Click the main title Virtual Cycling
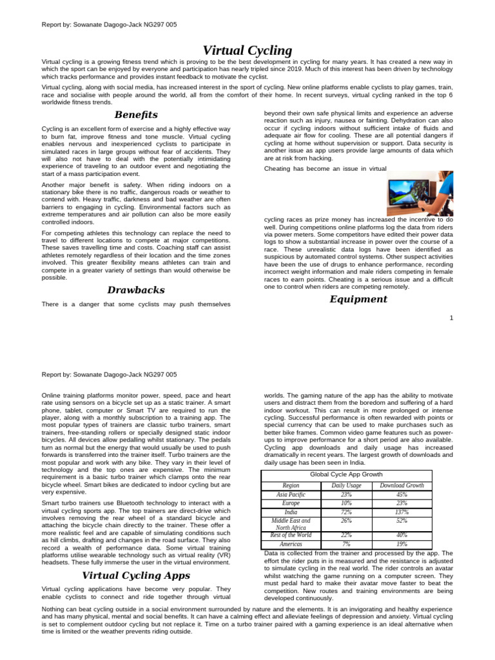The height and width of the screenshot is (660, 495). click(x=247, y=50)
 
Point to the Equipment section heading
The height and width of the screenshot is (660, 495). click(x=358, y=299)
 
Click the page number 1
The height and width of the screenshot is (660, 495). click(x=451, y=318)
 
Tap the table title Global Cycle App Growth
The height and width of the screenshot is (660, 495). click(x=346, y=474)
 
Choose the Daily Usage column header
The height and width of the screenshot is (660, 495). click(x=347, y=485)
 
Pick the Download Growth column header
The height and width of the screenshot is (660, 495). click(x=402, y=485)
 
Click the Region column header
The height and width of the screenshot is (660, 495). click(x=291, y=485)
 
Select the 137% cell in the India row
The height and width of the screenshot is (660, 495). click(x=402, y=512)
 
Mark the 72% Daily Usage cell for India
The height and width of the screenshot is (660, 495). click(x=346, y=512)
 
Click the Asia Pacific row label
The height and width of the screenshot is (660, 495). click(x=291, y=494)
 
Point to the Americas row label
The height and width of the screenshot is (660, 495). click(x=291, y=543)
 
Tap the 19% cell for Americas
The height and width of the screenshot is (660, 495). click(x=402, y=543)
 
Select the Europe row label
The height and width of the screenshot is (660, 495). click(x=291, y=503)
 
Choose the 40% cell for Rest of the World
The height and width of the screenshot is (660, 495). click(x=402, y=534)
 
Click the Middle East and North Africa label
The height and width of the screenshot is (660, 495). click(x=291, y=523)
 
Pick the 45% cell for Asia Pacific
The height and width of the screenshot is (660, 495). click(x=402, y=494)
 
